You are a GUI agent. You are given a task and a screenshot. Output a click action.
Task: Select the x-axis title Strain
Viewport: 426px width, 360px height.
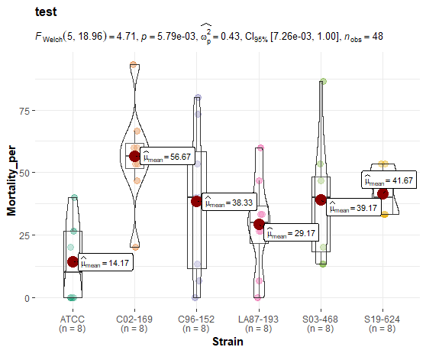(x=228, y=342)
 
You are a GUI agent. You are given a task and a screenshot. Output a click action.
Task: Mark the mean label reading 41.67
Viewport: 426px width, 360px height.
(x=389, y=181)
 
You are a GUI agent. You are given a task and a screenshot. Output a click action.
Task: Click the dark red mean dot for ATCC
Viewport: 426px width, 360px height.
(x=73, y=261)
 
